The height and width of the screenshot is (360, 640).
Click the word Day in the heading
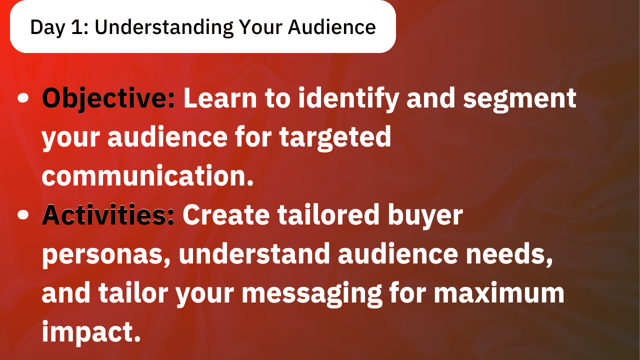point(47,27)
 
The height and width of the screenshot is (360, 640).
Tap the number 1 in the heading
point(77,27)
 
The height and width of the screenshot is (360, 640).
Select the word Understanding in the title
point(164,28)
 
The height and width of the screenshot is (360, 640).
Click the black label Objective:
point(108,98)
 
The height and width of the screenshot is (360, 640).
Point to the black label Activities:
point(108,214)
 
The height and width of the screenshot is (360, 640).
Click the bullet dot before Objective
point(23,97)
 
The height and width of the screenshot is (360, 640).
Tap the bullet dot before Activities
point(23,215)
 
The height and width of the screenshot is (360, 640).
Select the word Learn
point(220,98)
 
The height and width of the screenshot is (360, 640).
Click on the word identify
point(348,99)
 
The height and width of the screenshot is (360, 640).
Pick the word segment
point(519,99)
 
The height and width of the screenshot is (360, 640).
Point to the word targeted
point(335,138)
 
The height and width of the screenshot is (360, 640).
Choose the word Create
point(226,215)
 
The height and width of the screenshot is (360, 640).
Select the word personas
point(106,255)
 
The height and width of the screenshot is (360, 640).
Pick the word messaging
point(312,294)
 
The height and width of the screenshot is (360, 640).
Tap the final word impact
point(91,332)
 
